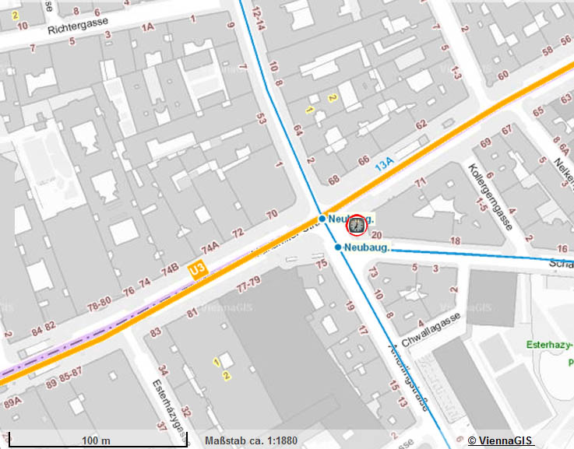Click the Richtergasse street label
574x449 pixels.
tap(81, 29)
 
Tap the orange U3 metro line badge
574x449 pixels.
tap(197, 269)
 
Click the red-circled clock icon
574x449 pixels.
tap(357, 226)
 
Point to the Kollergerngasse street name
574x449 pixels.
tap(489, 196)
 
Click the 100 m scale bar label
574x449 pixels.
tap(95, 441)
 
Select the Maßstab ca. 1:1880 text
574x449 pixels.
tap(251, 441)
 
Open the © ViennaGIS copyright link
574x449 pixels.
tap(500, 441)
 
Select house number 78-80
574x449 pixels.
tap(98, 302)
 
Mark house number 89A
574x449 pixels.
tap(13, 403)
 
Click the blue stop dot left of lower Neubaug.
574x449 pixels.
tap(338, 247)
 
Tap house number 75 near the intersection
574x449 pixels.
tap(322, 265)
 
